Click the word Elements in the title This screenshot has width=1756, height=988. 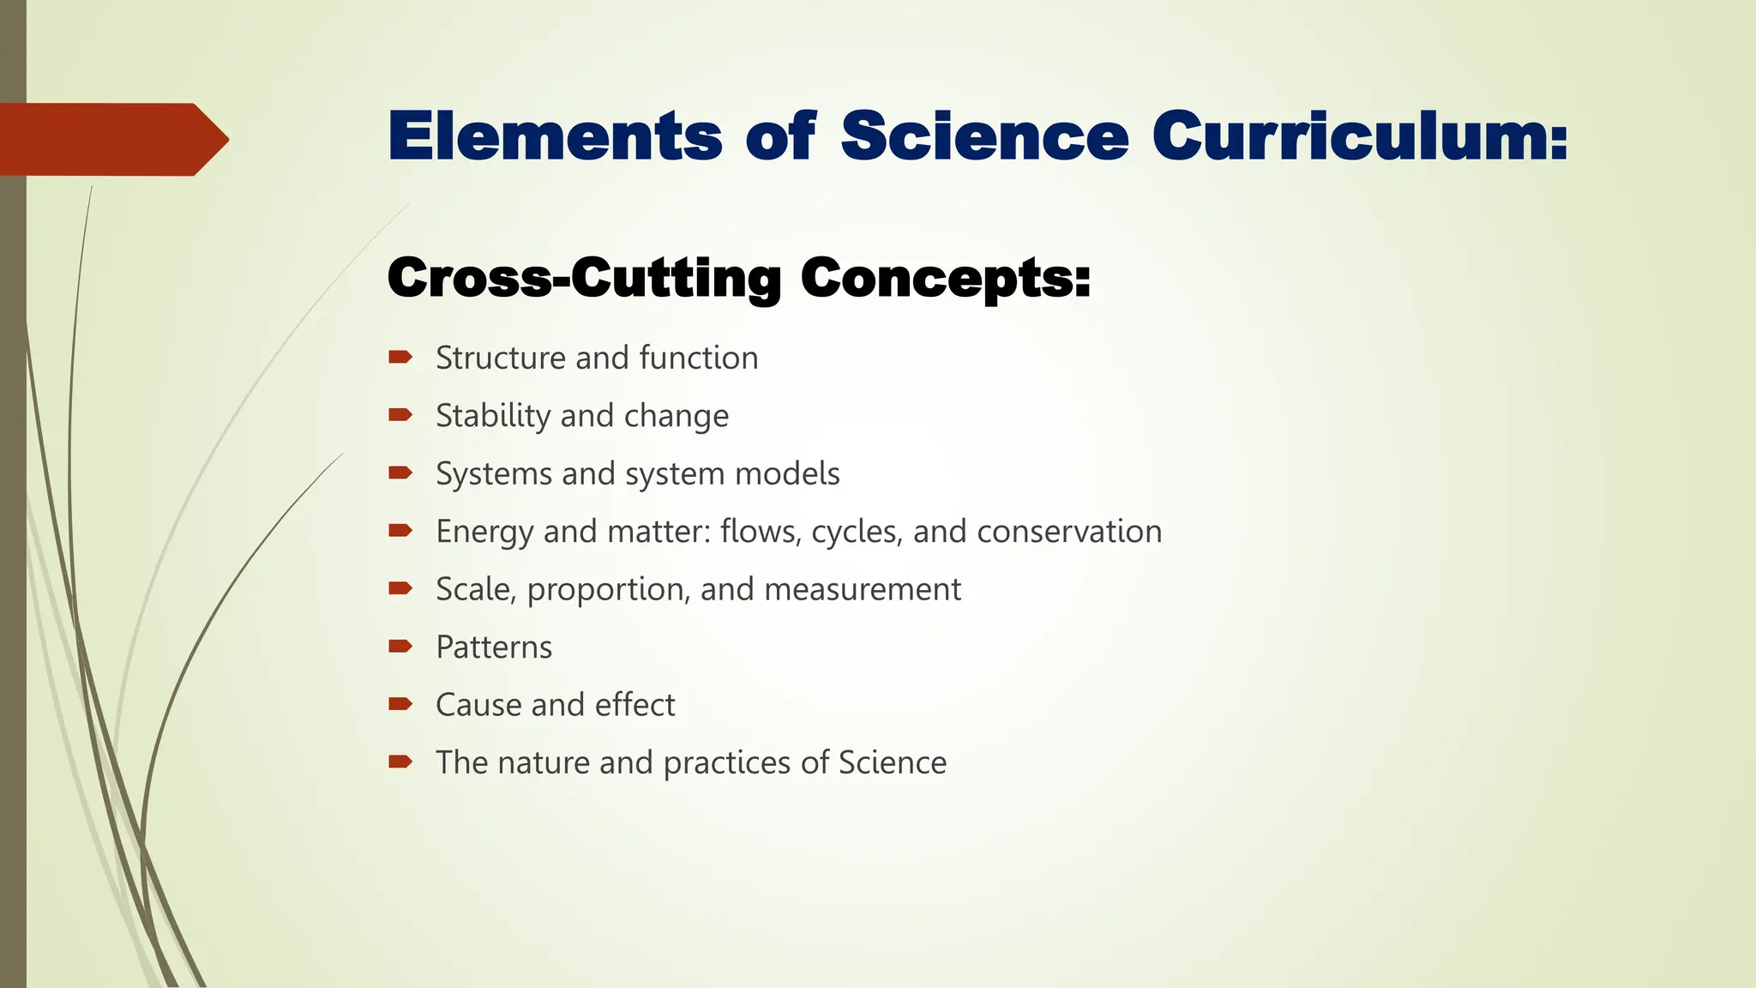(x=555, y=136)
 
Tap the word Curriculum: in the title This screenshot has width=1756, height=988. (x=1360, y=136)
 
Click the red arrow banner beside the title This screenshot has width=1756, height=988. (x=111, y=139)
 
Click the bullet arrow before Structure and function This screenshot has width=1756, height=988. (x=400, y=357)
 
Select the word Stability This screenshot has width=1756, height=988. (x=493, y=417)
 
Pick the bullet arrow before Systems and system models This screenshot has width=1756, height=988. (x=400, y=473)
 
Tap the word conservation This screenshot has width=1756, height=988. (x=1069, y=532)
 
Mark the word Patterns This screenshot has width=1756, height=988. (x=494, y=648)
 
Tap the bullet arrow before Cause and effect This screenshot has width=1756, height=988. (x=400, y=704)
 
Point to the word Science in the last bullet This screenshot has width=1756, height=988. (x=893, y=762)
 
